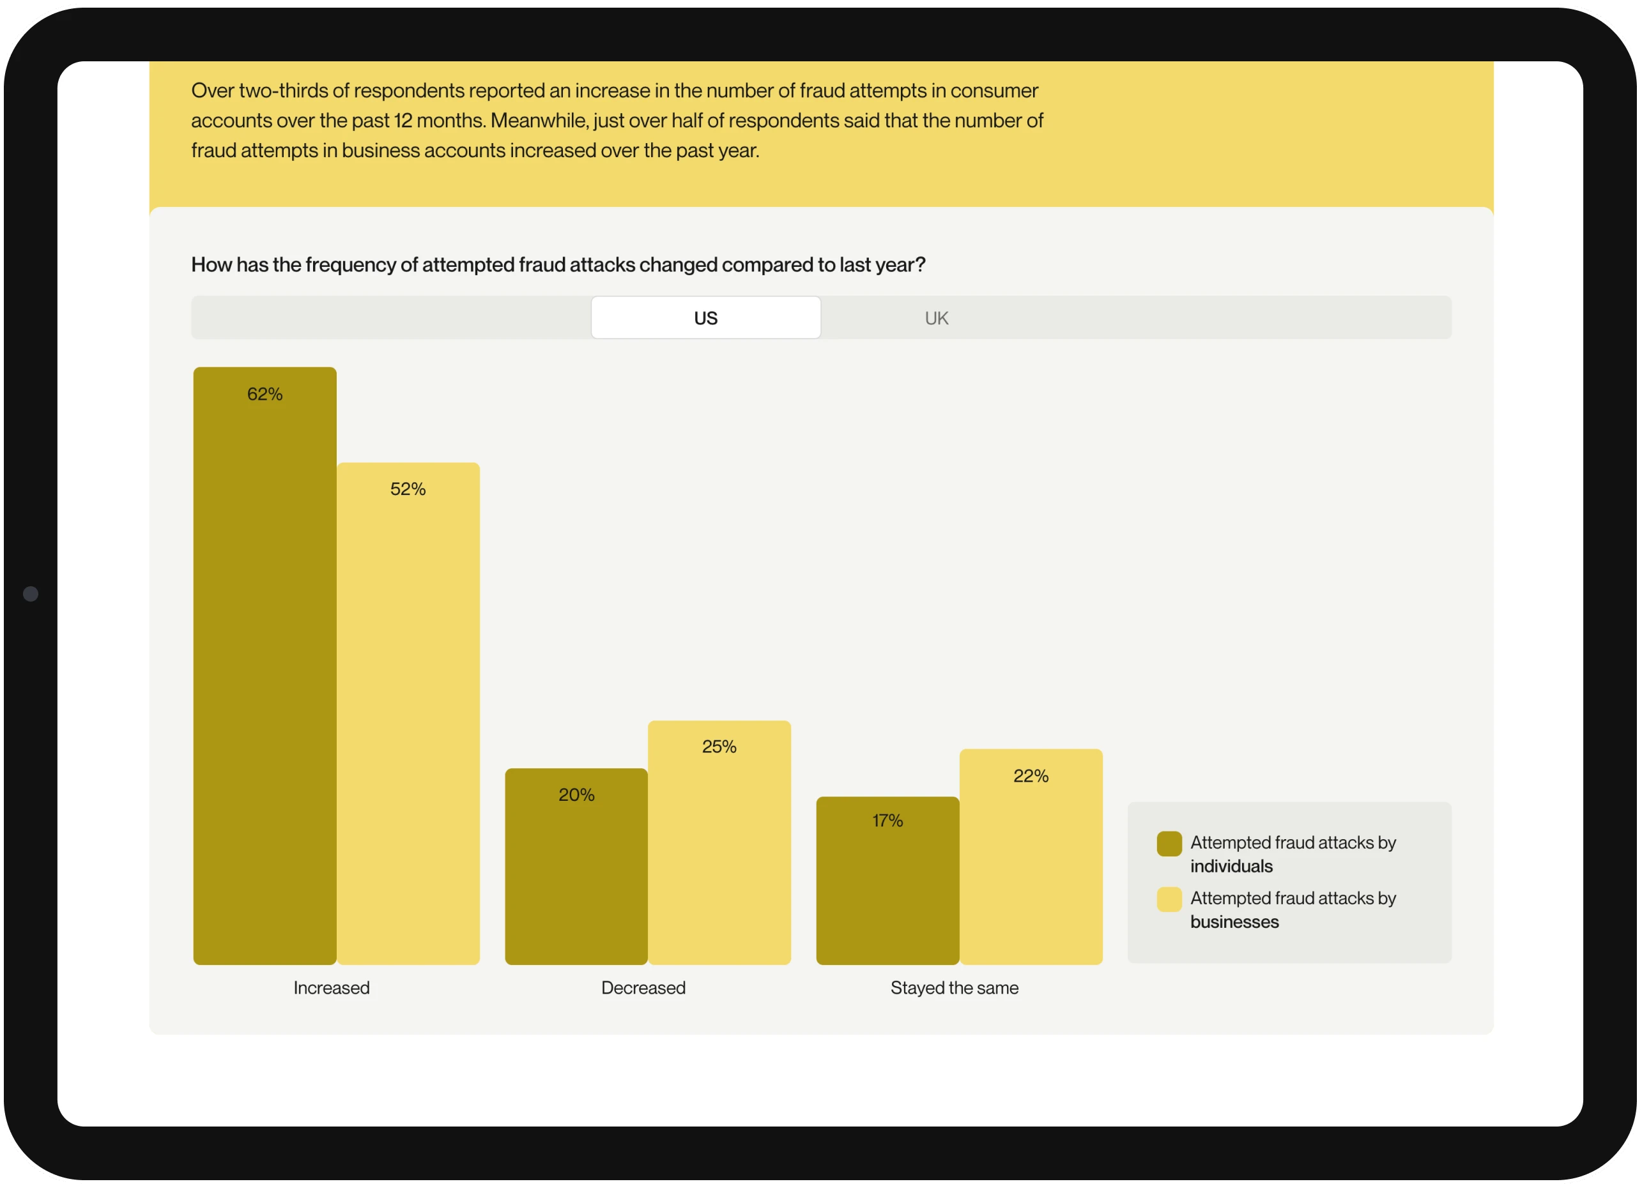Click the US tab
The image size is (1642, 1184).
706,317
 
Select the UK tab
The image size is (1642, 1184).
936,317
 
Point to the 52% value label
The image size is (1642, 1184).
408,489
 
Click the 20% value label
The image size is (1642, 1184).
576,794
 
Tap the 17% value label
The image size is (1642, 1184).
887,821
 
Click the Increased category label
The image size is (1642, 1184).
332,988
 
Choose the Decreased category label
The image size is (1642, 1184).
643,988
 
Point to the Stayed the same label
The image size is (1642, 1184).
955,988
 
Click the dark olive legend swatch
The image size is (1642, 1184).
1169,844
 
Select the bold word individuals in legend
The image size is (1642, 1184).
1231,867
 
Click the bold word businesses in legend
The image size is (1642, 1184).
1234,922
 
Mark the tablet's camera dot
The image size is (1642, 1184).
31,594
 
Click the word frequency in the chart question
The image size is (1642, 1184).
350,265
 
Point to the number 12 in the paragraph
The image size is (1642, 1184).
403,121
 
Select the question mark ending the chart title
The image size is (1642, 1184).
921,265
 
